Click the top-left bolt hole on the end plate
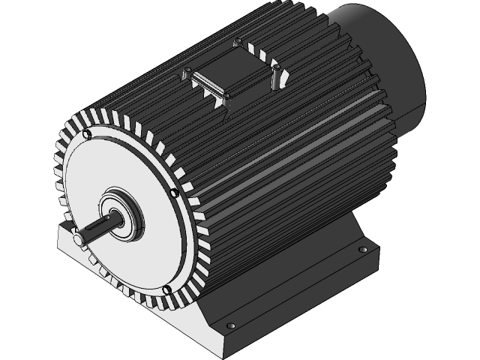click(88, 134)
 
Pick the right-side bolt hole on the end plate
click(175, 193)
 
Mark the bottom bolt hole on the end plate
click(166, 291)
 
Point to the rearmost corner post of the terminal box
click(238, 42)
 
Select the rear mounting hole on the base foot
click(363, 248)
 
